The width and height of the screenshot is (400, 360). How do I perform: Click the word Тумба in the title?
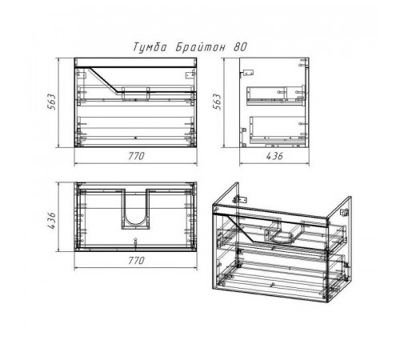[x=150, y=47]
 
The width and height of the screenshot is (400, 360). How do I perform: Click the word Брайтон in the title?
[x=200, y=47]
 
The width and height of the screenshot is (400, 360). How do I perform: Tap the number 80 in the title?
[x=240, y=47]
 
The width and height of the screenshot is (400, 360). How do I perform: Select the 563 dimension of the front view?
[x=51, y=102]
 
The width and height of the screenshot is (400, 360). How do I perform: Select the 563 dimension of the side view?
[x=217, y=102]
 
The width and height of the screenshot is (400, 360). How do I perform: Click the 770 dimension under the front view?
[x=136, y=156]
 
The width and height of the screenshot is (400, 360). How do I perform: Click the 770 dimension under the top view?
[x=136, y=260]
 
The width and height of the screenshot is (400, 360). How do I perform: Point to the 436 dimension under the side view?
[x=274, y=156]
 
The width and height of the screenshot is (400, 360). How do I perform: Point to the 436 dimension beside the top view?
[x=51, y=220]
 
